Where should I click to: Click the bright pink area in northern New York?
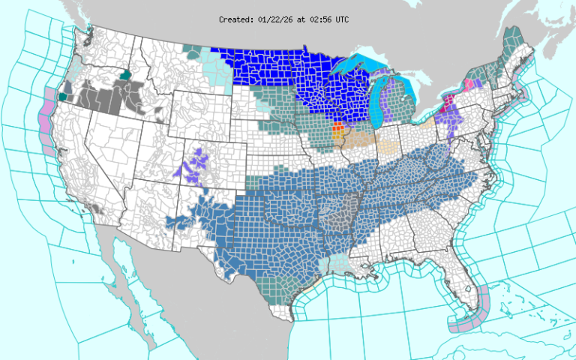[472, 84]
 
